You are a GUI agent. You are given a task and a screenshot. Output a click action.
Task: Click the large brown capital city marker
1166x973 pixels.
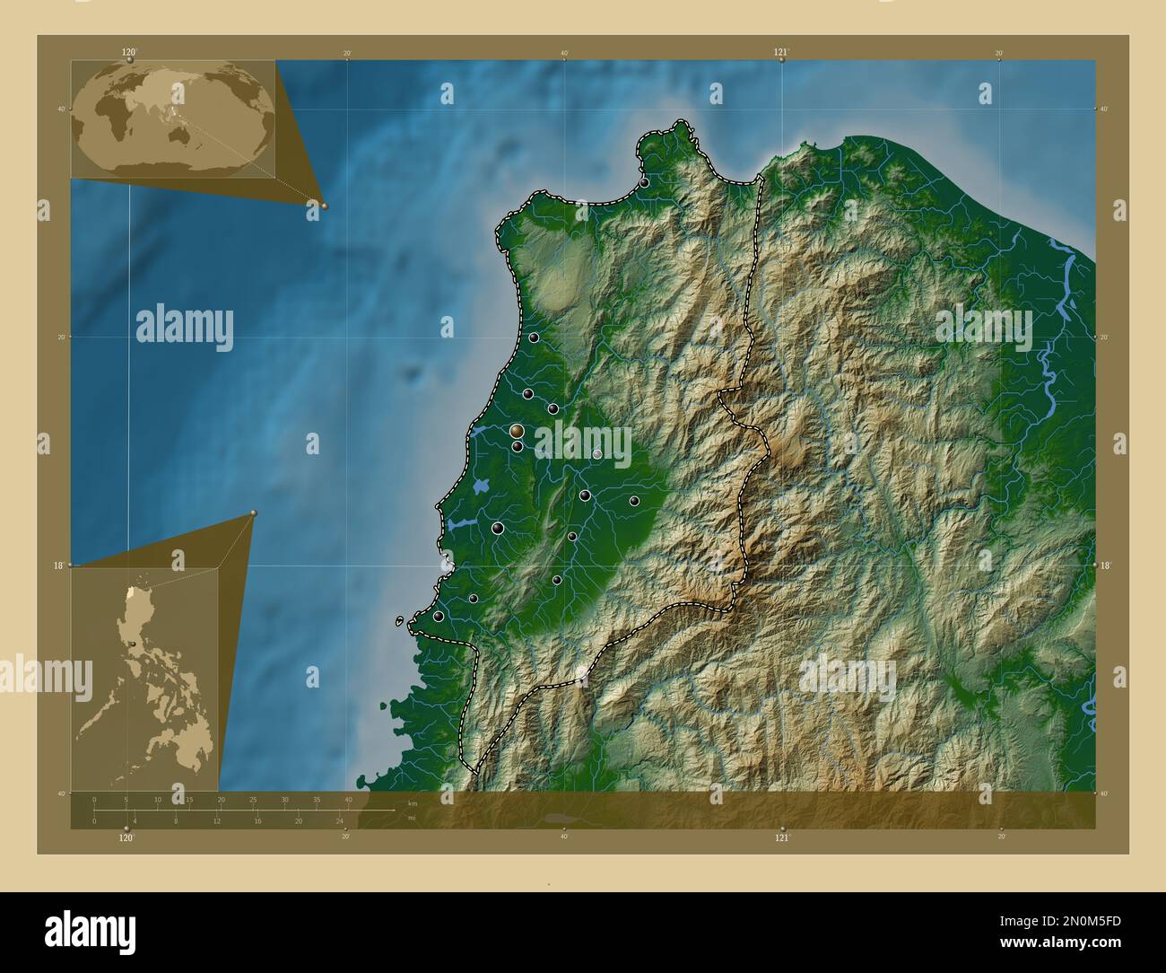coord(517,432)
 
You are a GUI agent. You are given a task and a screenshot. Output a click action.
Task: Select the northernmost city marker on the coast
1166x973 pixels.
coord(644,182)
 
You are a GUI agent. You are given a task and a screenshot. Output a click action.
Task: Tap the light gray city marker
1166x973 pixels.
coord(597,454)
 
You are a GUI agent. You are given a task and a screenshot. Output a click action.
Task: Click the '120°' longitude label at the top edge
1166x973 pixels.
coord(129,53)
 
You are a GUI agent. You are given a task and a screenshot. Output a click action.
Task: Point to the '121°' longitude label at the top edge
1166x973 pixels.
coord(782,53)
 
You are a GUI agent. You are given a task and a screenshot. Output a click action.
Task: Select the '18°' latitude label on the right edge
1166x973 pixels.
coord(1104,565)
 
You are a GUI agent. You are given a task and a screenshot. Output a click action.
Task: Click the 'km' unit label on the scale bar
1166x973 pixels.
coord(413,803)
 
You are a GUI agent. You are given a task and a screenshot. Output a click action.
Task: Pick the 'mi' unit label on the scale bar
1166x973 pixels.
coord(412,818)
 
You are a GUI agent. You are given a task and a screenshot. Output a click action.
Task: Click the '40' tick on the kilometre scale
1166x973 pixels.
coord(348,799)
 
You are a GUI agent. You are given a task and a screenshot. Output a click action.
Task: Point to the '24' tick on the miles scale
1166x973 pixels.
coord(339,820)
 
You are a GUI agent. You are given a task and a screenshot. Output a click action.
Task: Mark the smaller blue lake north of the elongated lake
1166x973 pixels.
coord(482,486)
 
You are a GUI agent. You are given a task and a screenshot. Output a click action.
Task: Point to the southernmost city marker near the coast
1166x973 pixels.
coord(438,617)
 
